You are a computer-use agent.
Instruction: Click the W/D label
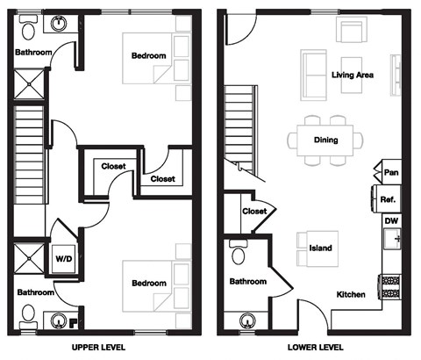[65, 259]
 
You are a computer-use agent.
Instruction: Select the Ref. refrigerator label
[389, 199]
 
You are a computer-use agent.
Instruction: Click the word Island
[321, 248]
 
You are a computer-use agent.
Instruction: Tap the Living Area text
[353, 76]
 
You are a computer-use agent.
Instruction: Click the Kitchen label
[351, 294]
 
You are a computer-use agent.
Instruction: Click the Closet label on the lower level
[254, 212]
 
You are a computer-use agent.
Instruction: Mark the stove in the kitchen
[389, 287]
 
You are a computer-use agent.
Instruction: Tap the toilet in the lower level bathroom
[237, 254]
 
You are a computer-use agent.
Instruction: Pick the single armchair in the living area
[351, 32]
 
